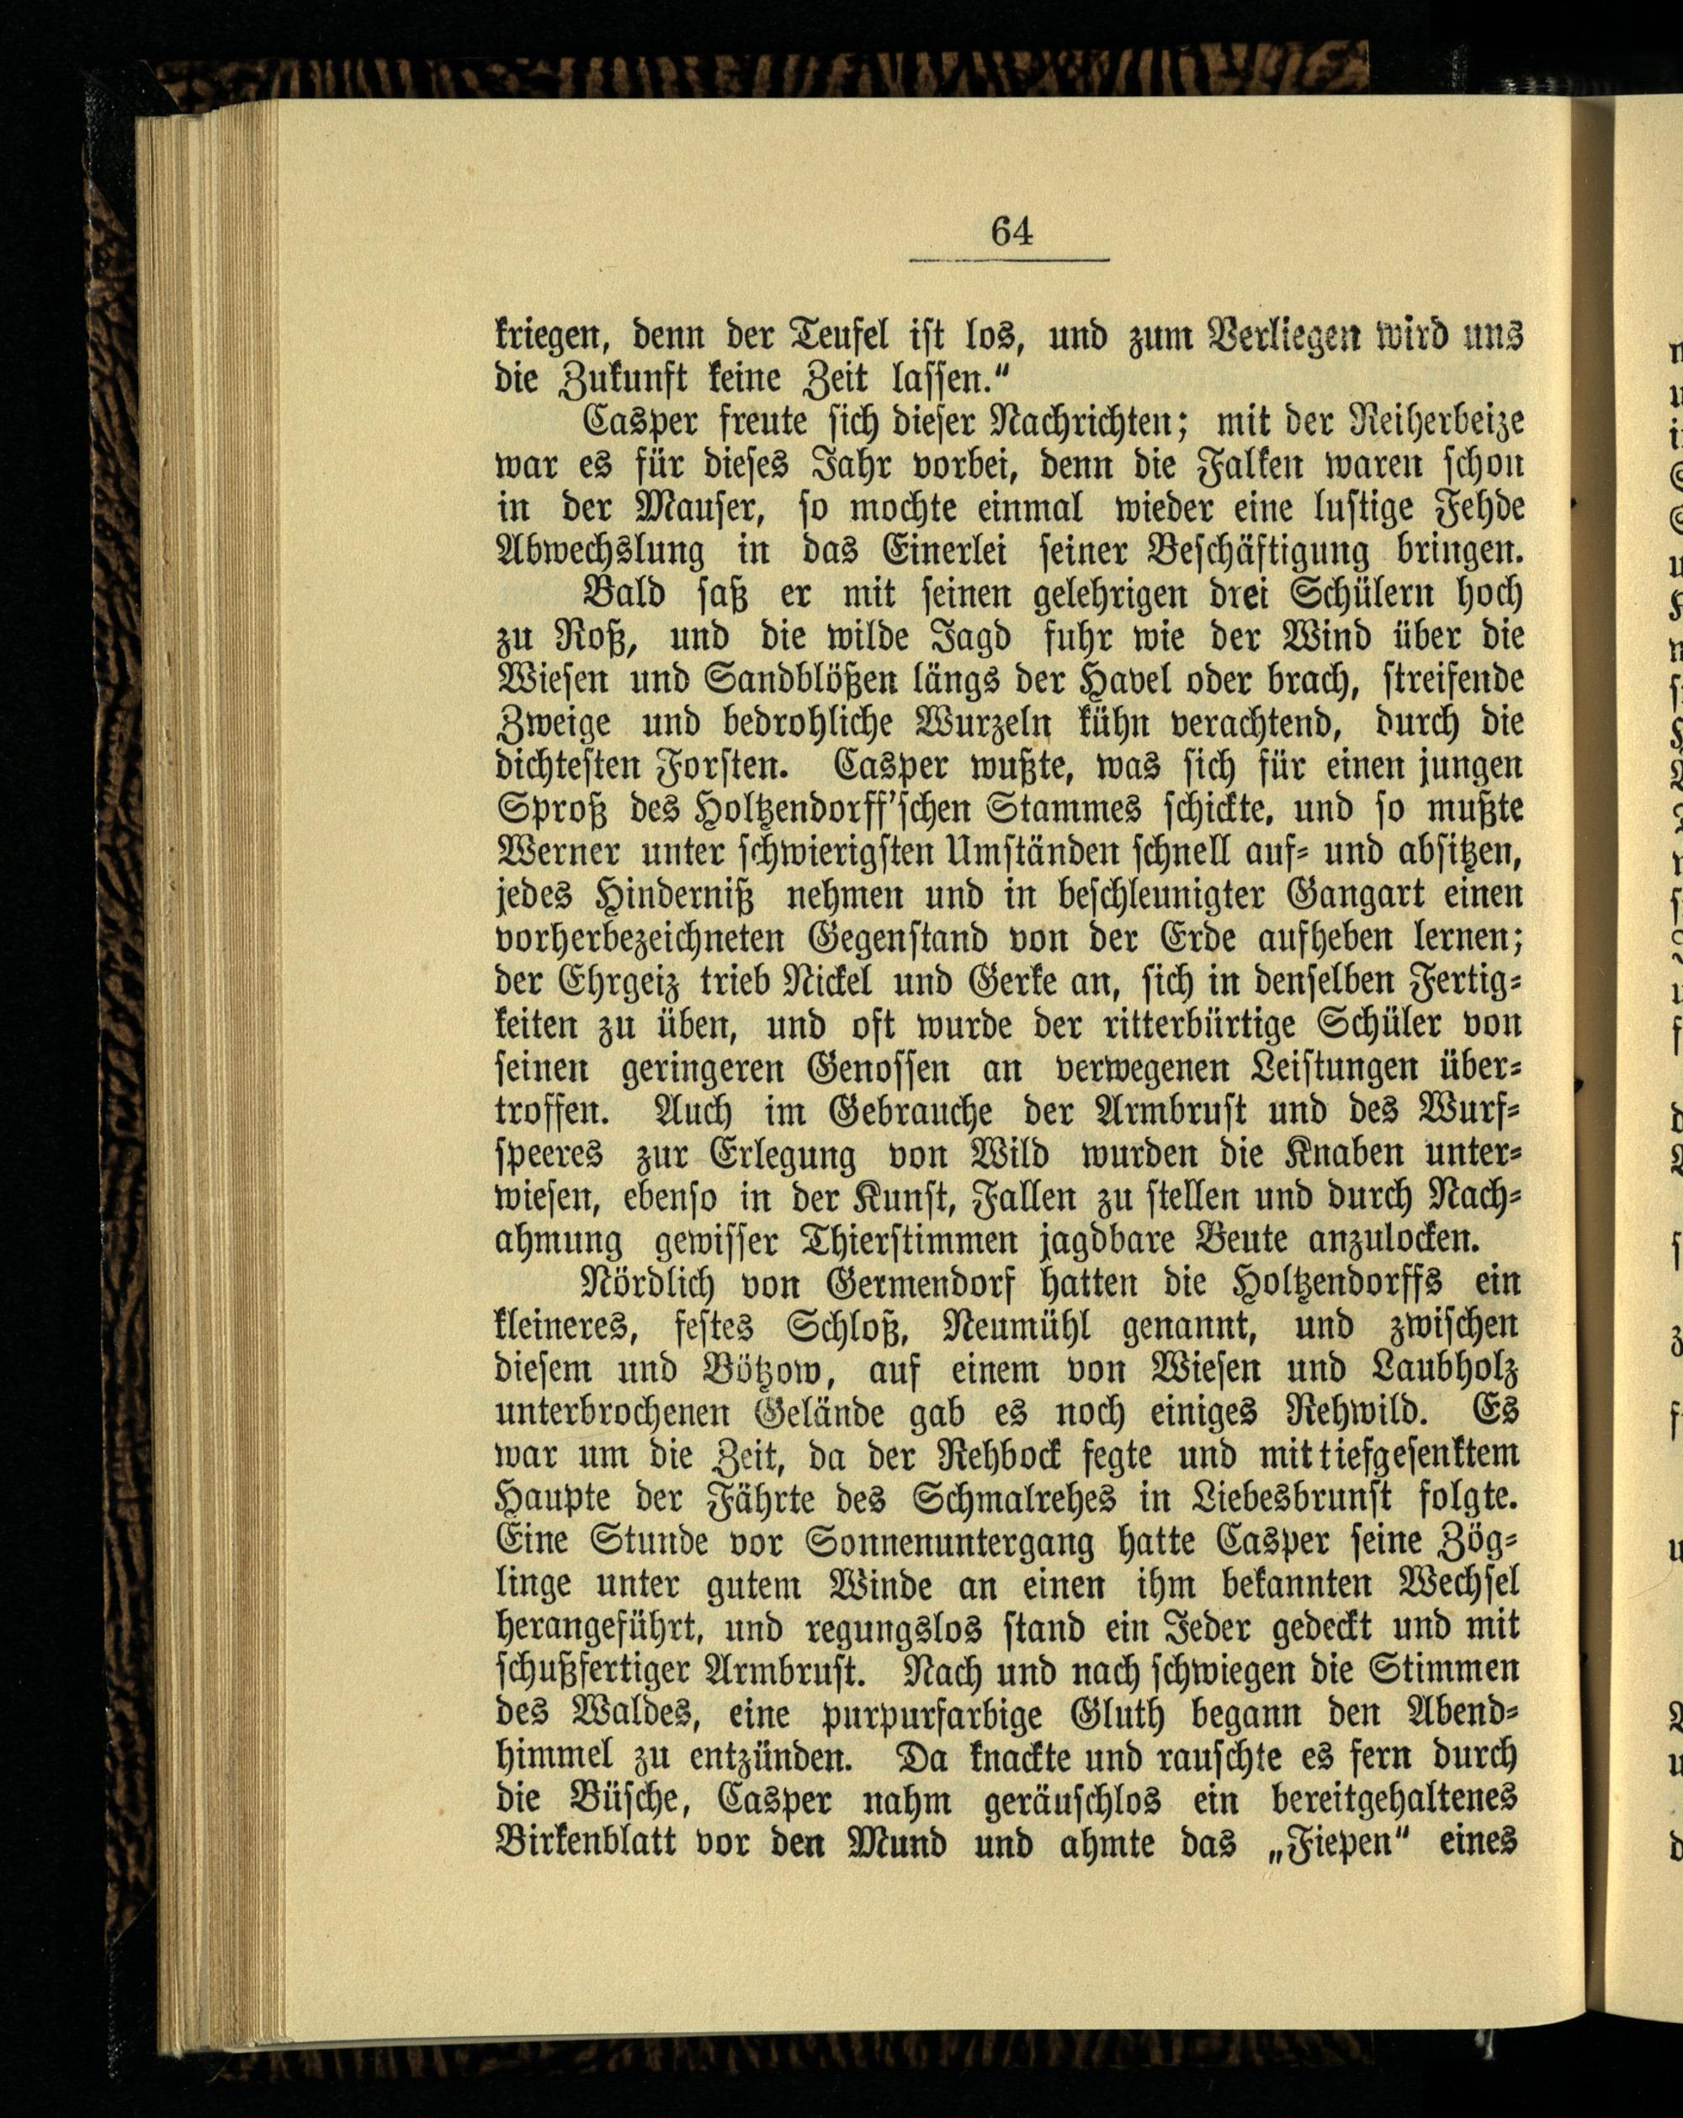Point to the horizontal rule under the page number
[x=1009, y=260]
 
